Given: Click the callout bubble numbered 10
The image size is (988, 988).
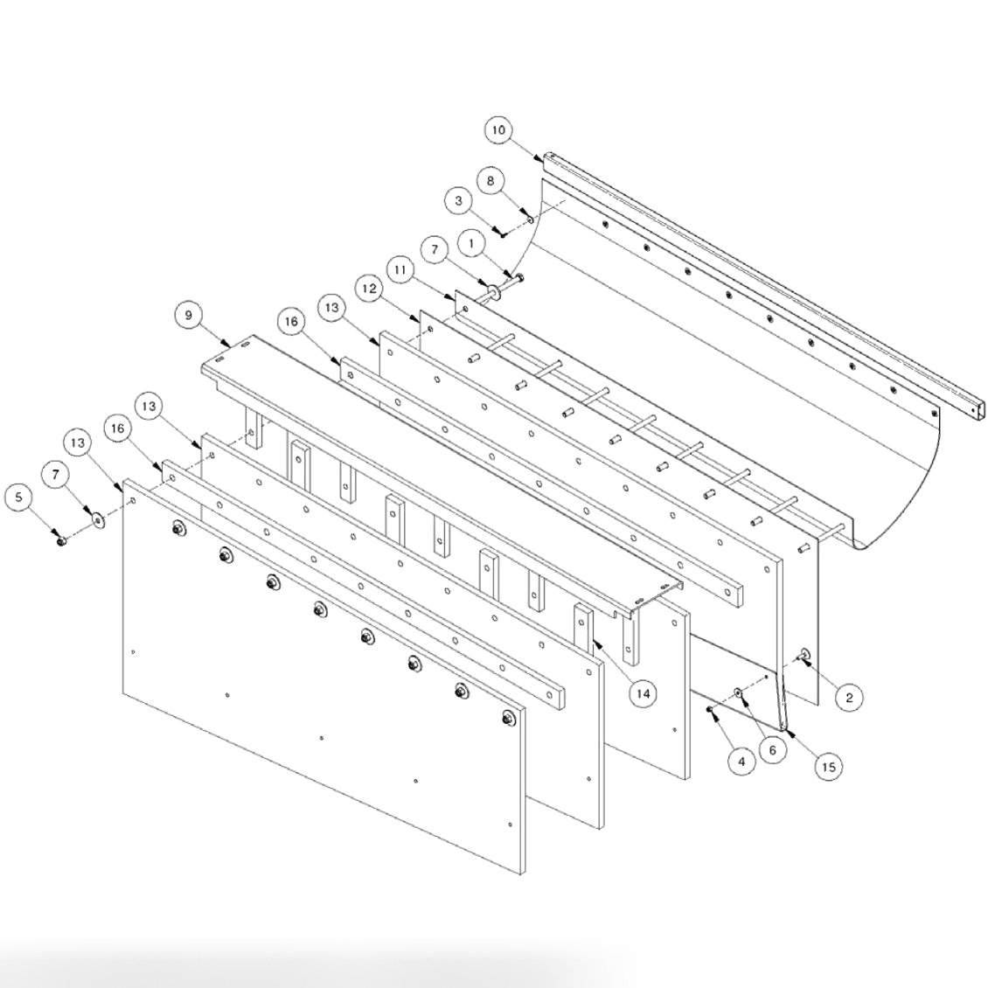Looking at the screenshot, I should (497, 131).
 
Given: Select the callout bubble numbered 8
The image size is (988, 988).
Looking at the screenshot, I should (491, 181).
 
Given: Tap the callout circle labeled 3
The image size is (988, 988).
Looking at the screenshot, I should (458, 201).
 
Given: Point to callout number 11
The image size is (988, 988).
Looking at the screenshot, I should (400, 271).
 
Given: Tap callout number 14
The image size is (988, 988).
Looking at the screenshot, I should (643, 693).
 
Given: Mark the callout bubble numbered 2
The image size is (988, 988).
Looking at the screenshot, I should (848, 697).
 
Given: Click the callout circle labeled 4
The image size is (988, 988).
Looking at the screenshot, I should (741, 761).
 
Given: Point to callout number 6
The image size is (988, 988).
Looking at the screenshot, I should (771, 749).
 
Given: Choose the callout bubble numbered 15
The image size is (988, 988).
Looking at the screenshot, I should (829, 767).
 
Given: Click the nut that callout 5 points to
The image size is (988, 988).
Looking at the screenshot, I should (60, 542).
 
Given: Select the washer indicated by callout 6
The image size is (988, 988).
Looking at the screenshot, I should (739, 693).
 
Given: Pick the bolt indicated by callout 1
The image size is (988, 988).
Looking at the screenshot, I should (517, 279).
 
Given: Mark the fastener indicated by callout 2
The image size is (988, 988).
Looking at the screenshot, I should (804, 656).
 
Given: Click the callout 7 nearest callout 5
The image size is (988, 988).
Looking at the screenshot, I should (57, 475).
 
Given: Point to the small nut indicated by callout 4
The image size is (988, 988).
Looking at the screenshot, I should (710, 708).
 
